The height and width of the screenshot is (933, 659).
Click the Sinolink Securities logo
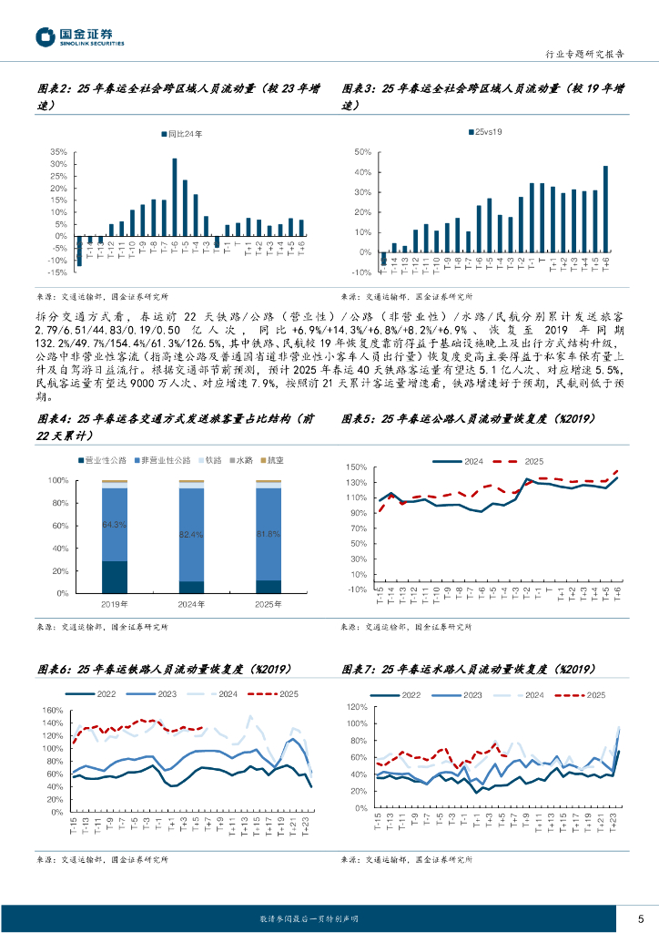[x=80, y=36]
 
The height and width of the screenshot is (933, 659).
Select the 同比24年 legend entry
[x=182, y=134]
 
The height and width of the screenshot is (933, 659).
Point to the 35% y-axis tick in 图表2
[x=57, y=152]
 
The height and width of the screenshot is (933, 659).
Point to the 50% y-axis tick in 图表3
[x=361, y=152]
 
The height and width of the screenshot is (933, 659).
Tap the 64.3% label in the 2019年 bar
[x=114, y=525]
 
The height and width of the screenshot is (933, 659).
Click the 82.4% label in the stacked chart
[x=192, y=534]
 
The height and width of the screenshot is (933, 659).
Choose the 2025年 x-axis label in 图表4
[x=269, y=604]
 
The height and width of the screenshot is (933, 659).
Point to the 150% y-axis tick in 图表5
[x=356, y=467]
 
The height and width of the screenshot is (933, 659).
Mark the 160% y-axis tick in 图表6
[x=51, y=711]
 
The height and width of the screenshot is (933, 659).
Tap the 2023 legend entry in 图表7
[x=484, y=694]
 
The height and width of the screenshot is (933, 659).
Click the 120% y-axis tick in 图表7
[x=356, y=708]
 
